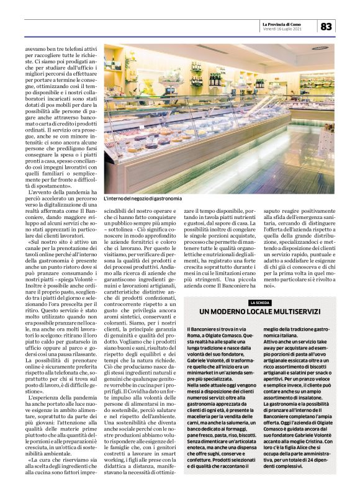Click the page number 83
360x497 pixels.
pyautogui.click(x=327, y=26)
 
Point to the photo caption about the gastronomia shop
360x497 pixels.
pyautogui.click(x=143, y=199)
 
